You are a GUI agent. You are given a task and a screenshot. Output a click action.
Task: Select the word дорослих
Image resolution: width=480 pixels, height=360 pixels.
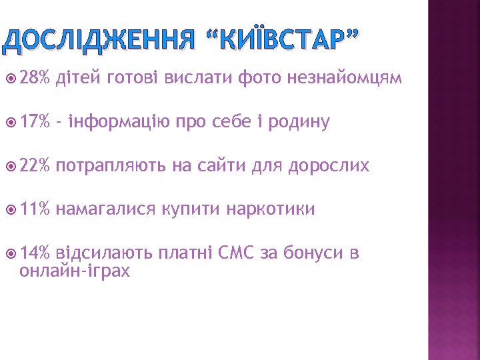click(x=329, y=167)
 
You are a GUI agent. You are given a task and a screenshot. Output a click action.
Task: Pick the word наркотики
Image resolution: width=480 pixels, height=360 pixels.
click(x=271, y=210)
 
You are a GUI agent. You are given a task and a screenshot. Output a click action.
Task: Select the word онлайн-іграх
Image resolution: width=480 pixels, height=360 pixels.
click(x=75, y=271)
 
